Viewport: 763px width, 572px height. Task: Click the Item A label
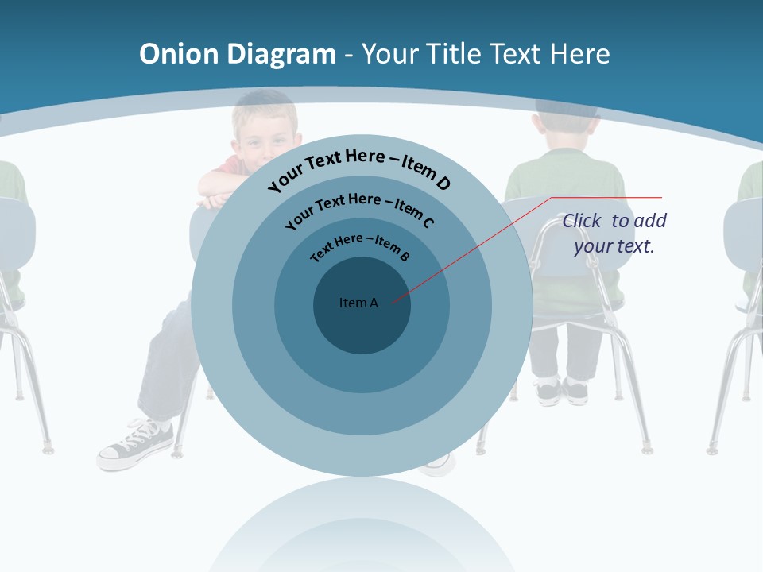point(358,303)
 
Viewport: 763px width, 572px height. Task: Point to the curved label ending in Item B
point(360,245)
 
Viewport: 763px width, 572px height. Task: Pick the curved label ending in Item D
point(359,168)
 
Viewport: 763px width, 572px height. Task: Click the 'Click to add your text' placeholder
point(614,234)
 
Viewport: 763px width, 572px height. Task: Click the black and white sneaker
point(135,444)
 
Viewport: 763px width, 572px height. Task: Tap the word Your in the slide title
point(391,54)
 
